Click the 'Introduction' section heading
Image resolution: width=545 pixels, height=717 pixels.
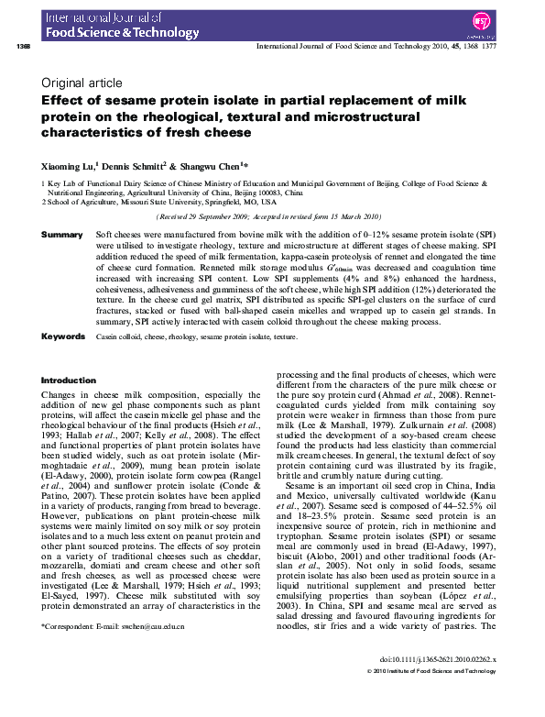pos(69,381)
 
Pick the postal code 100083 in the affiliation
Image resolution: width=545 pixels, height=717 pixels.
pos(265,193)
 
